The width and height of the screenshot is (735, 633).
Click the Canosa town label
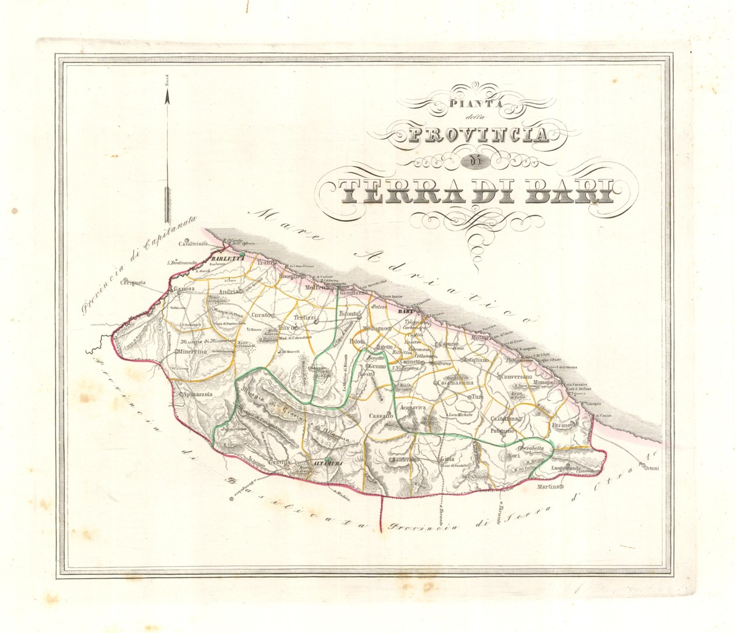184,289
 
